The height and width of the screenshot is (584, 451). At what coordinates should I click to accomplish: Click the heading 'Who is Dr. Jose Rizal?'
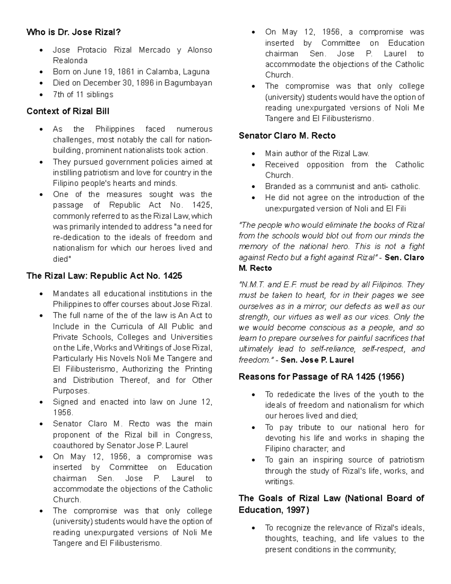74,32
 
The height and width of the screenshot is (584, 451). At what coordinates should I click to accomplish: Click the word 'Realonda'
70,61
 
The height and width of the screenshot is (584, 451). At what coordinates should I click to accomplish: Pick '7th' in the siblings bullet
59,94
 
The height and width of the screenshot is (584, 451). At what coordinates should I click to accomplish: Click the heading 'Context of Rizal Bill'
68,111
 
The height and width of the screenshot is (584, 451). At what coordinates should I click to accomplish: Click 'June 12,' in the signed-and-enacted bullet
195,402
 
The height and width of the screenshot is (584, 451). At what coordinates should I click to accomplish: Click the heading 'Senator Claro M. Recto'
287,136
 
